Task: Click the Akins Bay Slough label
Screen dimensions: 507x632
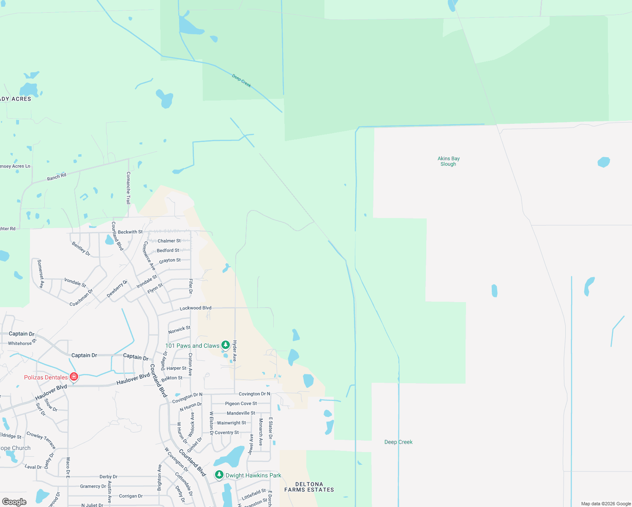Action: (x=448, y=161)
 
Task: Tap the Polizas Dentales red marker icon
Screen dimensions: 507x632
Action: (x=74, y=376)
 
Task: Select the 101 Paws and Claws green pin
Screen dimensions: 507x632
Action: (x=226, y=345)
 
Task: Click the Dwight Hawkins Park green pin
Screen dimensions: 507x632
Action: (x=219, y=475)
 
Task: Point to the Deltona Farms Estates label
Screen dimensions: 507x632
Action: (x=309, y=487)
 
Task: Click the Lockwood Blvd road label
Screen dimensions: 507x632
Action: (x=196, y=308)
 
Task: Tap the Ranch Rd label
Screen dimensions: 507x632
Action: (x=57, y=177)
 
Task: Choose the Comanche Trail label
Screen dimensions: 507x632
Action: (x=128, y=188)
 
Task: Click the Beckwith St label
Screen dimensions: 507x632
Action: (x=130, y=232)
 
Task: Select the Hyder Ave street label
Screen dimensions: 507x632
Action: (x=235, y=352)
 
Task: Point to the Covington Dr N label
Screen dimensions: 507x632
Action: (x=254, y=394)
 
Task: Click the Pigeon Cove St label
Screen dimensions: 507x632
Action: (x=241, y=403)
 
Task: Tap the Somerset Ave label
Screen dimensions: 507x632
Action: (x=41, y=274)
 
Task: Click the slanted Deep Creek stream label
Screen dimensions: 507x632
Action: (x=242, y=80)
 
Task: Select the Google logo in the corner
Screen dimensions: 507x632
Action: (x=14, y=502)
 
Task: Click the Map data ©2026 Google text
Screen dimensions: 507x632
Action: (x=606, y=504)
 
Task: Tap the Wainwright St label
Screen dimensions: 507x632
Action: (x=231, y=423)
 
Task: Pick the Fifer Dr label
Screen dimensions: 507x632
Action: (x=191, y=286)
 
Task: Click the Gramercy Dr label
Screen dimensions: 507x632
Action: (x=93, y=486)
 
